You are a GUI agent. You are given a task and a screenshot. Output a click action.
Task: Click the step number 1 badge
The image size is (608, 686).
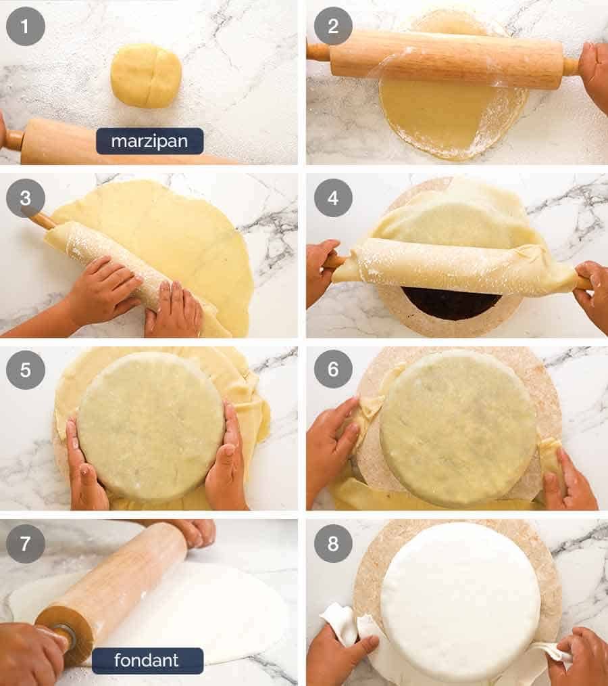pos(26,26)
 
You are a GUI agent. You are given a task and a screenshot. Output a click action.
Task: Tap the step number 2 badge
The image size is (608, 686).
pos(333,26)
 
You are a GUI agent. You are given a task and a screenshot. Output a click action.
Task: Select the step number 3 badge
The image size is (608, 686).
pos(26,198)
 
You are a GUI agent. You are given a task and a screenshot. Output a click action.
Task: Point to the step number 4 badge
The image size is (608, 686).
pos(333,198)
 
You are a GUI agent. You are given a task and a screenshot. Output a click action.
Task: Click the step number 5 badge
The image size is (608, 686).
pos(26,370)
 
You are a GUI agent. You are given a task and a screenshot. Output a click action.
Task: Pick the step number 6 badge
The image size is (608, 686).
pos(333,370)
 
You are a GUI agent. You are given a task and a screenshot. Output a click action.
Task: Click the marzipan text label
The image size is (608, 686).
pos(149,141)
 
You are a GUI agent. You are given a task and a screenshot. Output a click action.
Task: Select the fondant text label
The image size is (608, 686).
pos(147,660)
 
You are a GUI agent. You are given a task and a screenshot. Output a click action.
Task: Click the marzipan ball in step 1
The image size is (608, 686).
pos(146,76)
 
